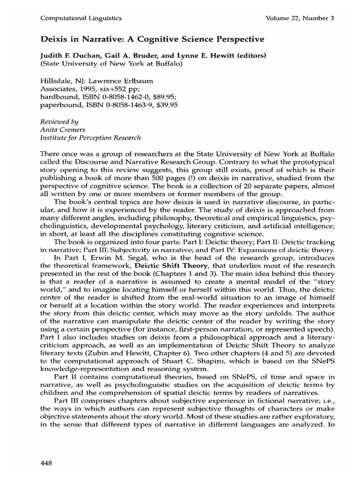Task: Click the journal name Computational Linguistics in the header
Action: click(x=82, y=18)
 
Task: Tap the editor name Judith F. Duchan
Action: click(x=70, y=55)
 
